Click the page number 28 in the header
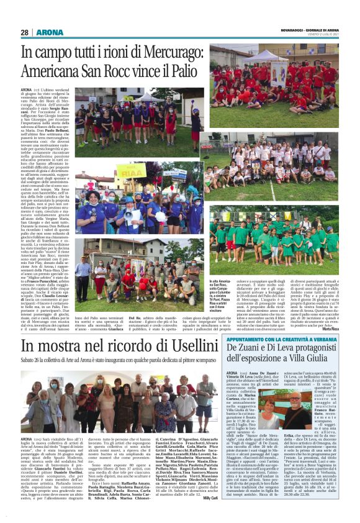pyautogui.click(x=25, y=32)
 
